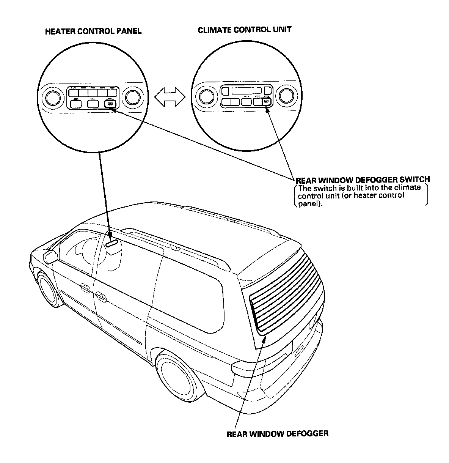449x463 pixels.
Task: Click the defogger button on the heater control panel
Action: (x=109, y=104)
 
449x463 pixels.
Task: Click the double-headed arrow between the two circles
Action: (x=170, y=98)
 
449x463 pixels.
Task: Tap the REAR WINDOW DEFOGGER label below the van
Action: (x=277, y=433)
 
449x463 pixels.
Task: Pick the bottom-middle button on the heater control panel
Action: (x=93, y=104)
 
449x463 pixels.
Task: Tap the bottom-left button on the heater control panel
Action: (x=76, y=104)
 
